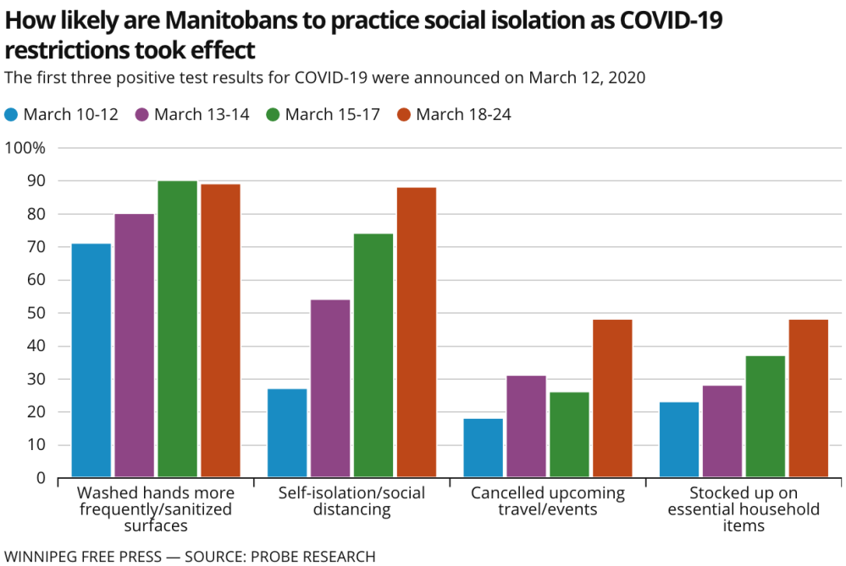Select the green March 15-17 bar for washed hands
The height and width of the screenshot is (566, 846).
(x=177, y=329)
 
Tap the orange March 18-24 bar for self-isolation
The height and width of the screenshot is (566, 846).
(x=417, y=332)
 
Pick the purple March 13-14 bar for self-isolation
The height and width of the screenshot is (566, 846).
(x=330, y=388)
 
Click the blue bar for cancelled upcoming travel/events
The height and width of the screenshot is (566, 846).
(x=484, y=448)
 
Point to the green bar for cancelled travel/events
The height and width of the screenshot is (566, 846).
(x=569, y=435)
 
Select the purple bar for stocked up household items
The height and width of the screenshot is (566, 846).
(x=722, y=431)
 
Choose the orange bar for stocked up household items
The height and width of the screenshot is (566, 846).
(x=808, y=398)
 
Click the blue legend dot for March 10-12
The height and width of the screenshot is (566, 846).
(x=11, y=114)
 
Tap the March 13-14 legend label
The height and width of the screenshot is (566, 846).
(x=202, y=114)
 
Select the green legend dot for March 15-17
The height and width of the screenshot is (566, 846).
(x=273, y=114)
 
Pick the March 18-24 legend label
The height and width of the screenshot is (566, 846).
(x=463, y=114)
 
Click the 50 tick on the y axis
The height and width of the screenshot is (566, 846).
(x=38, y=313)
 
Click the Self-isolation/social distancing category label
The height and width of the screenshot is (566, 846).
(x=351, y=501)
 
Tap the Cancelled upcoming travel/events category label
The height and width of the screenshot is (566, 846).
(x=547, y=501)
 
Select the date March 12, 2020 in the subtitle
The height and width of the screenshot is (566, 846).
(x=587, y=78)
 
